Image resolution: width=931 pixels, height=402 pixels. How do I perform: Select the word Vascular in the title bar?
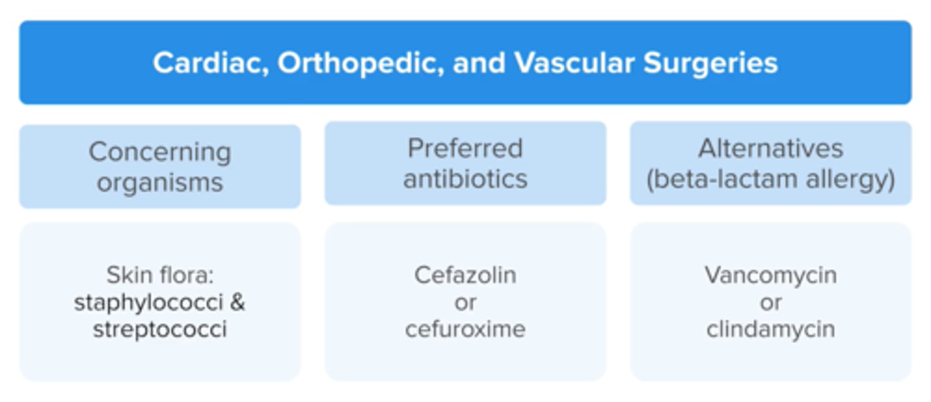coord(575,63)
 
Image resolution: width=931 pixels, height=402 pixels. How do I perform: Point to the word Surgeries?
coord(710,63)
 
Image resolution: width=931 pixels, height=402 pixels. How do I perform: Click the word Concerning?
coord(160,153)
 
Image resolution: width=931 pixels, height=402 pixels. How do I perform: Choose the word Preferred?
coord(465,149)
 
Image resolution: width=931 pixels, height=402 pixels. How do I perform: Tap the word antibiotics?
coord(465,178)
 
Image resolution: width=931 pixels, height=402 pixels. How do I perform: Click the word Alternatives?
coord(771,149)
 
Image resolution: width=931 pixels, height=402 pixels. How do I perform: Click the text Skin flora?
coord(160,275)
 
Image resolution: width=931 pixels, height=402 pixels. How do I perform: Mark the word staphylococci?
coord(148,302)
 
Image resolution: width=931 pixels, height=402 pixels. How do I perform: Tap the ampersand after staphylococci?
coord(238,302)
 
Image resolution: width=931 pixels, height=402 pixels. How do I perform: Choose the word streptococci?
coord(160,330)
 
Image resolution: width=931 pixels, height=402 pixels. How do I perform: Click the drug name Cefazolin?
coord(465,275)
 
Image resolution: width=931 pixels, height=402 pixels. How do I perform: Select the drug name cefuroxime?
coord(465,330)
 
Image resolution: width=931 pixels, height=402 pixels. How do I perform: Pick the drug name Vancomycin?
coord(771,275)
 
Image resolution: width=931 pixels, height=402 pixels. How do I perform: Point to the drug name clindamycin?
coord(771,330)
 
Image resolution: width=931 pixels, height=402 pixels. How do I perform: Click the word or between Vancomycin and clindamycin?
coord(771,302)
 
